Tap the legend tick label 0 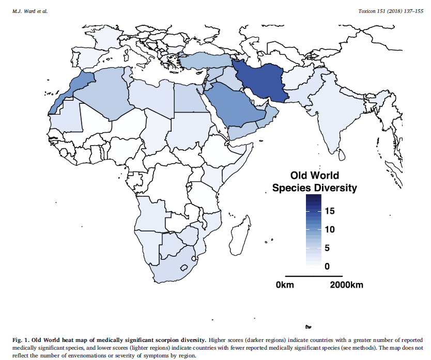tap(327, 267)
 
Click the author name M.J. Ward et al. tap(29, 11)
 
